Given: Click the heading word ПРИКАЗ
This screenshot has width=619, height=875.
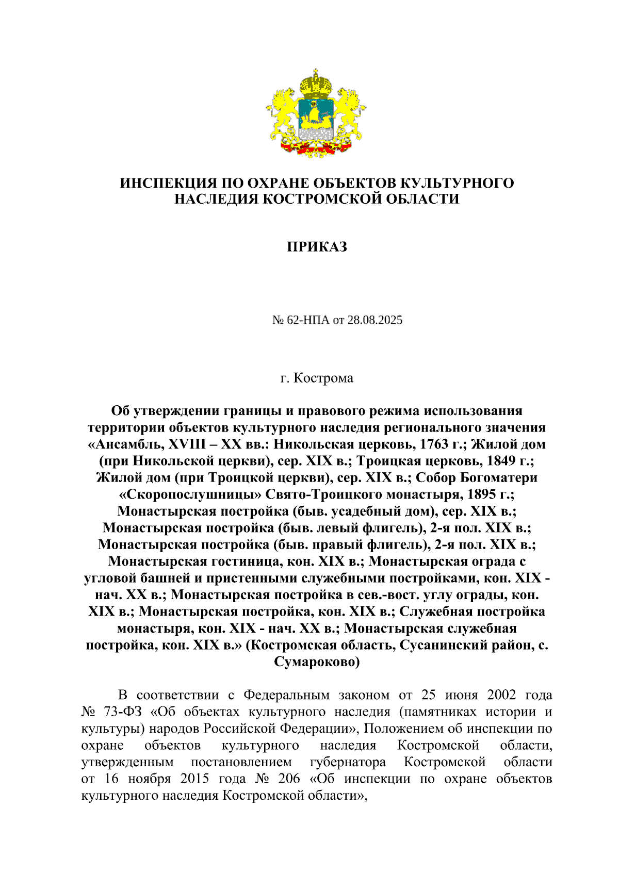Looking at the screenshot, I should point(317,247).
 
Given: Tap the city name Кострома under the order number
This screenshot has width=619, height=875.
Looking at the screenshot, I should point(323,378).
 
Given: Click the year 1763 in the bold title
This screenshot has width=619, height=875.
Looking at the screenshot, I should point(434,444).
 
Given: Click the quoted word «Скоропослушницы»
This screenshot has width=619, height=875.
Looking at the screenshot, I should point(190,494).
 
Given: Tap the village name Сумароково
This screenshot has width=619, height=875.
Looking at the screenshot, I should point(317,662).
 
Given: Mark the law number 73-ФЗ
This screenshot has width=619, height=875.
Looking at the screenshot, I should point(122,712).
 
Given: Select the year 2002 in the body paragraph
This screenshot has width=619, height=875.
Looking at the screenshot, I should point(501,695).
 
